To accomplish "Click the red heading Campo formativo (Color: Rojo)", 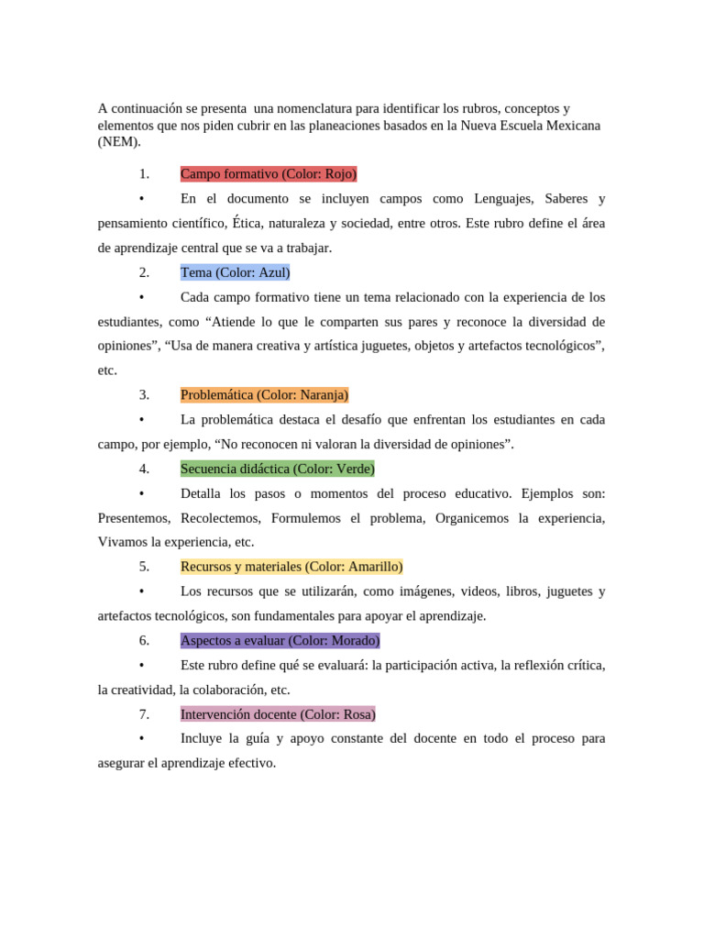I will point(269,173).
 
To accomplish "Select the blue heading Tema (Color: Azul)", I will point(235,272).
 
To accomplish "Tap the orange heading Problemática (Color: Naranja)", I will point(264,395).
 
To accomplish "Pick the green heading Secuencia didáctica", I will point(278,469).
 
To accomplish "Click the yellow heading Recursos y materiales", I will point(291,567).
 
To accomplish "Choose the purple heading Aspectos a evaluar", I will point(280,640).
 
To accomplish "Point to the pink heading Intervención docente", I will point(278,714).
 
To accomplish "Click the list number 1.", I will point(144,173).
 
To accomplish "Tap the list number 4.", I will point(144,469).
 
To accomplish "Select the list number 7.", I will point(144,714).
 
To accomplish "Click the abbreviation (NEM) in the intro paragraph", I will point(119,142).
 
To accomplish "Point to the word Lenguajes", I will point(503,198).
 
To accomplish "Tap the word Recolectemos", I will point(220,518).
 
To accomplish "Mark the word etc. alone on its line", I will point(107,370).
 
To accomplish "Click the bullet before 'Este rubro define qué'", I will point(141,665).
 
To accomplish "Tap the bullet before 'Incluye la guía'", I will point(141,739).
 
